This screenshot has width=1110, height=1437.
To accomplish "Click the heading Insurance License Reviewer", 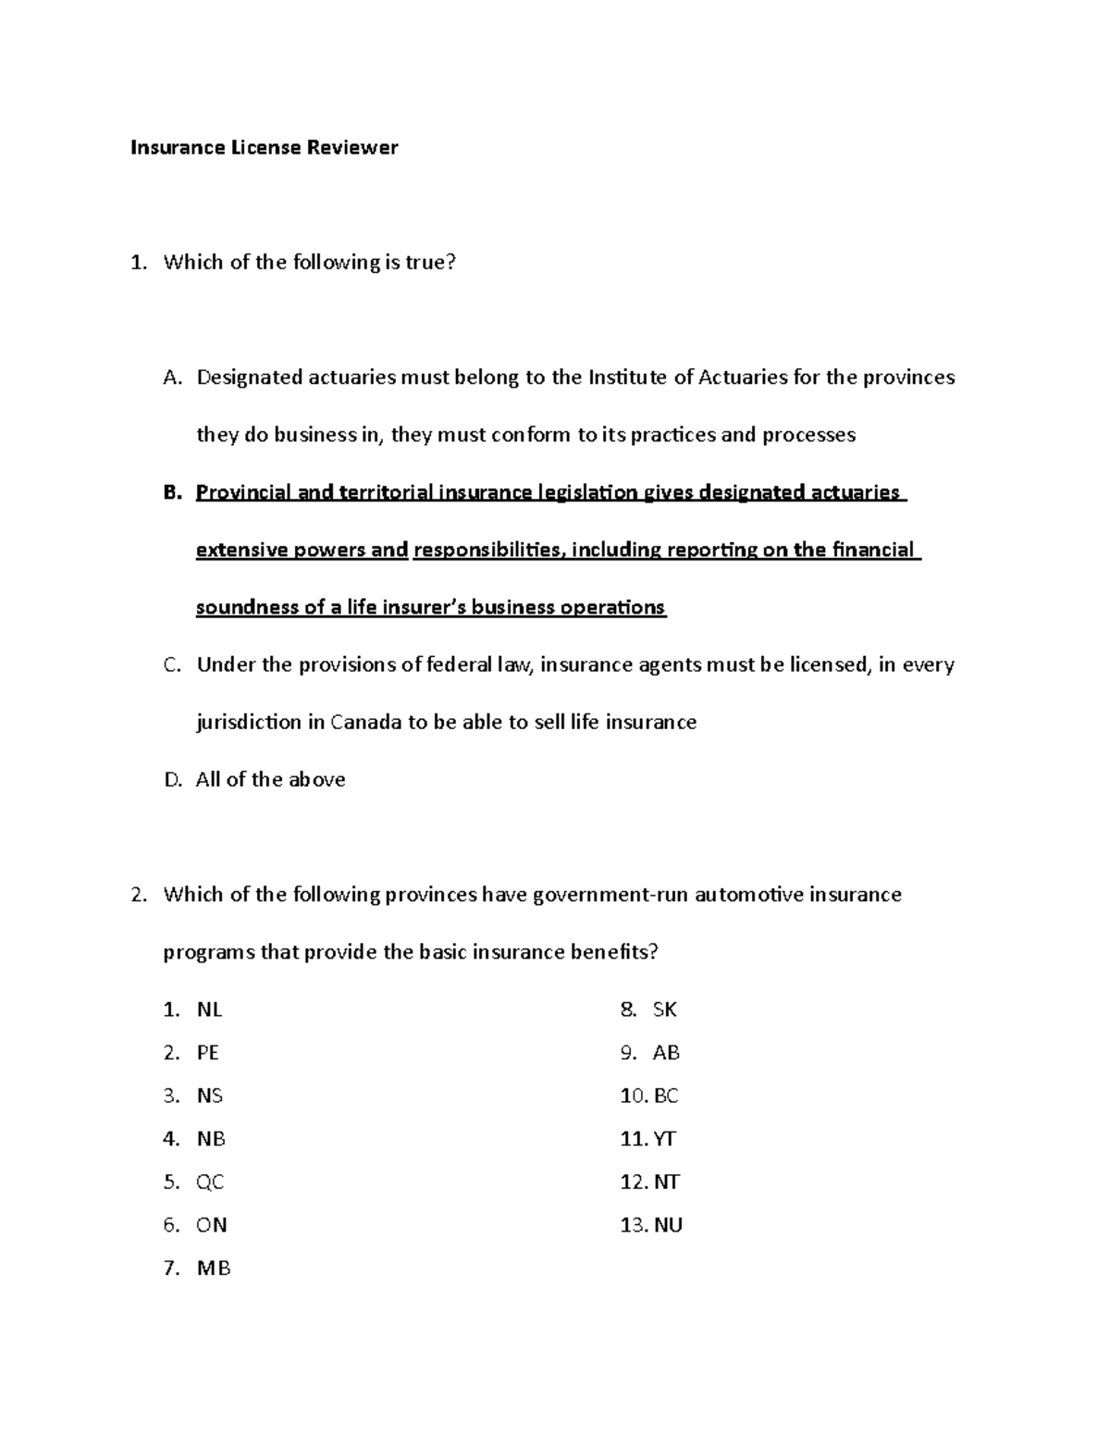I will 264,147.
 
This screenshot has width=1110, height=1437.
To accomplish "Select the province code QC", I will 210,1182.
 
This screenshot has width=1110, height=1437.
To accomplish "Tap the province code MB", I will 213,1268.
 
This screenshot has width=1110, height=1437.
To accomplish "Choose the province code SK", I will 665,1010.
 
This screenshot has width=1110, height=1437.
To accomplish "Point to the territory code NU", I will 668,1225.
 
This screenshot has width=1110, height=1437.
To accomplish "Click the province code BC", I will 666,1096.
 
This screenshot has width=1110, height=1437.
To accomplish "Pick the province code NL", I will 209,1010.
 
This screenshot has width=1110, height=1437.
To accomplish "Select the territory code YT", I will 665,1139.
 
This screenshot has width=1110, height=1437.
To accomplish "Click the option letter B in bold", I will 169,492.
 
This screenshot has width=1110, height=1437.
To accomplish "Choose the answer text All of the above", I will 270,780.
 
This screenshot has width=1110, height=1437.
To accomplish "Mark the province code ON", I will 211,1225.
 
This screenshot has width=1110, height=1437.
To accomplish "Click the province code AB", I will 666,1053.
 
